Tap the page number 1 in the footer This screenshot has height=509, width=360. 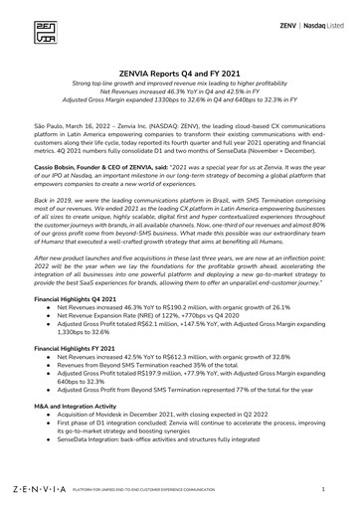[323, 490]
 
